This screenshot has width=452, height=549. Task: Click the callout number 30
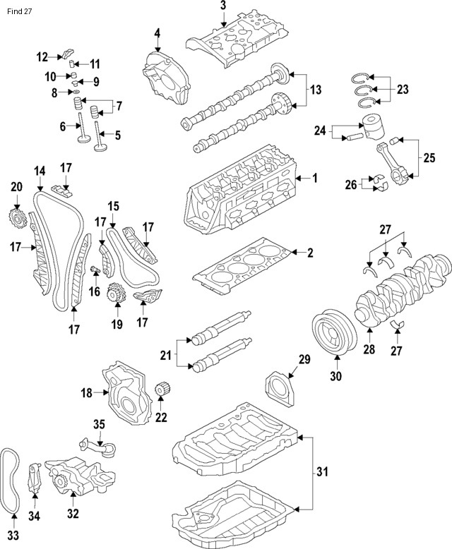pos(335,376)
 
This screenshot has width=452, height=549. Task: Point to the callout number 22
pos(161,417)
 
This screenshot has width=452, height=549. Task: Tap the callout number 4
pos(157,32)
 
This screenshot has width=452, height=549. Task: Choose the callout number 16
pos(94,291)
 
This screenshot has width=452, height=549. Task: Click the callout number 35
pos(99,423)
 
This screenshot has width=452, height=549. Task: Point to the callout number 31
pos(322,471)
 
